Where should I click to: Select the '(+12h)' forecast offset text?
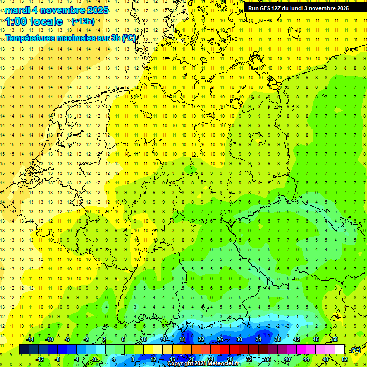[83, 22]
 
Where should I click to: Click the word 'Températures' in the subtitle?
[28, 38]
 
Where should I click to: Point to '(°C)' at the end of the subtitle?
[130, 38]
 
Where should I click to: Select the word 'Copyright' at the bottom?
[180, 364]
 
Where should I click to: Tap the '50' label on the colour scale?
[335, 339]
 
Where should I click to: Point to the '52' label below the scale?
[345, 359]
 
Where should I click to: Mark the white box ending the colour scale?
[339, 349]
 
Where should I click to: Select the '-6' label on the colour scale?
[67, 339]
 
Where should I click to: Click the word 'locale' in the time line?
[47, 22]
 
